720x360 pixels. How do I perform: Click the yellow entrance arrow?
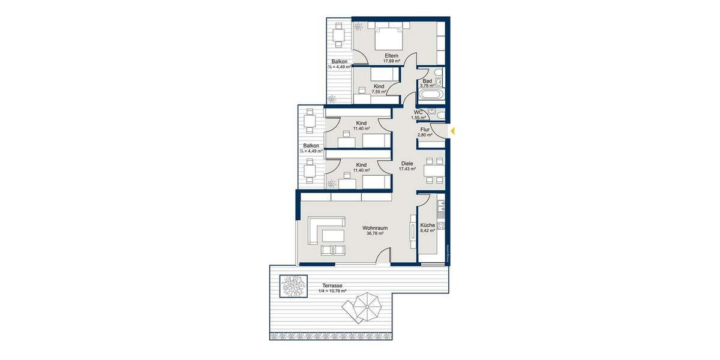pyautogui.click(x=453, y=130)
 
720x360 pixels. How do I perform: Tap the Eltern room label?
pyautogui.click(x=391, y=56)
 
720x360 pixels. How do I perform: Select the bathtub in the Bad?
pyautogui.click(x=430, y=94)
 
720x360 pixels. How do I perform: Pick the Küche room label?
pyautogui.click(x=427, y=225)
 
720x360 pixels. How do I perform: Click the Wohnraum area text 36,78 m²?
pyautogui.click(x=374, y=234)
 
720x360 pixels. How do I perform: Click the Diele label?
pyautogui.click(x=407, y=163)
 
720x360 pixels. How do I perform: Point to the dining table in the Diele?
pyautogui.click(x=434, y=169)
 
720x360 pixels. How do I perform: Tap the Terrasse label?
pyautogui.click(x=332, y=286)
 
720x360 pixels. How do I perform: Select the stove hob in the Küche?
pyautogui.click(x=441, y=226)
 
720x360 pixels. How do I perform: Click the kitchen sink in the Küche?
pyautogui.click(x=441, y=207)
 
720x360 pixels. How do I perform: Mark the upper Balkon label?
pyautogui.click(x=340, y=62)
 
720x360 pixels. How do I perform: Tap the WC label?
pyautogui.click(x=418, y=112)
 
